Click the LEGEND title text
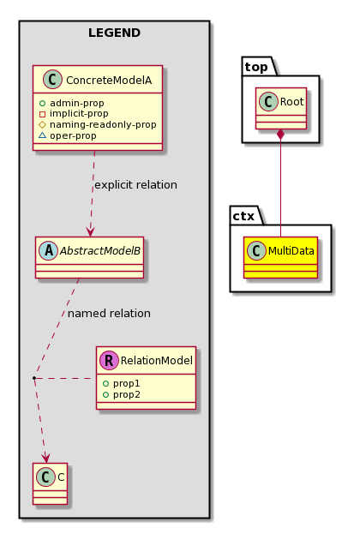click(x=114, y=33)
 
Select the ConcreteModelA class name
click(x=109, y=81)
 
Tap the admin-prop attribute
click(x=77, y=103)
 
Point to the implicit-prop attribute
click(x=79, y=114)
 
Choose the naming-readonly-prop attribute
click(x=103, y=124)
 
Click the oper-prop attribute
click(x=73, y=135)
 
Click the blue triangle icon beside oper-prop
click(x=42, y=135)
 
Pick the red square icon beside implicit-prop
click(x=42, y=114)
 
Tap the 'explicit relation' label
click(x=135, y=185)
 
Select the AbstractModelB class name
click(x=100, y=250)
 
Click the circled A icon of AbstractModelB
click(x=49, y=250)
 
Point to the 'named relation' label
click(x=109, y=314)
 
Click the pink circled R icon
click(x=109, y=360)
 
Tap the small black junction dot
click(x=34, y=378)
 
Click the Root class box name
click(x=291, y=102)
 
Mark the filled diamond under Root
click(x=281, y=134)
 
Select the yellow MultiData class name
click(x=291, y=250)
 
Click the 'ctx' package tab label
click(x=243, y=216)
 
